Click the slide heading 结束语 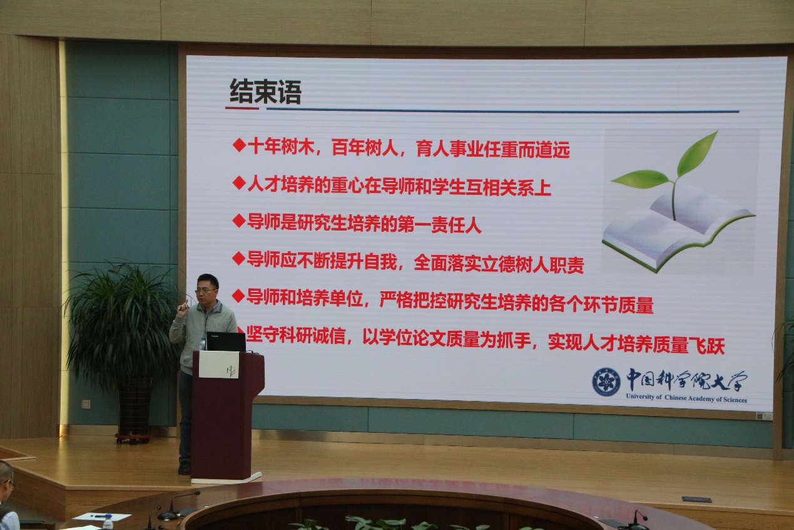point(265,91)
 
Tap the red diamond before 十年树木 point(239,145)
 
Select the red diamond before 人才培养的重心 point(239,182)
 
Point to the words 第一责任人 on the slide point(439,225)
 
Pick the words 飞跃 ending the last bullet point(706,346)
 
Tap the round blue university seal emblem point(606,382)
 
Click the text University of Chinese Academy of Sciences point(686,398)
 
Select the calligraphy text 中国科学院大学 point(686,380)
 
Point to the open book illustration point(677,231)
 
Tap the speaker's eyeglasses point(206,291)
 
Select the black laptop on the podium point(226,341)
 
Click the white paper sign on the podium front point(219,365)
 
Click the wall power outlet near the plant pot point(86,404)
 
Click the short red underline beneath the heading point(242,108)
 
